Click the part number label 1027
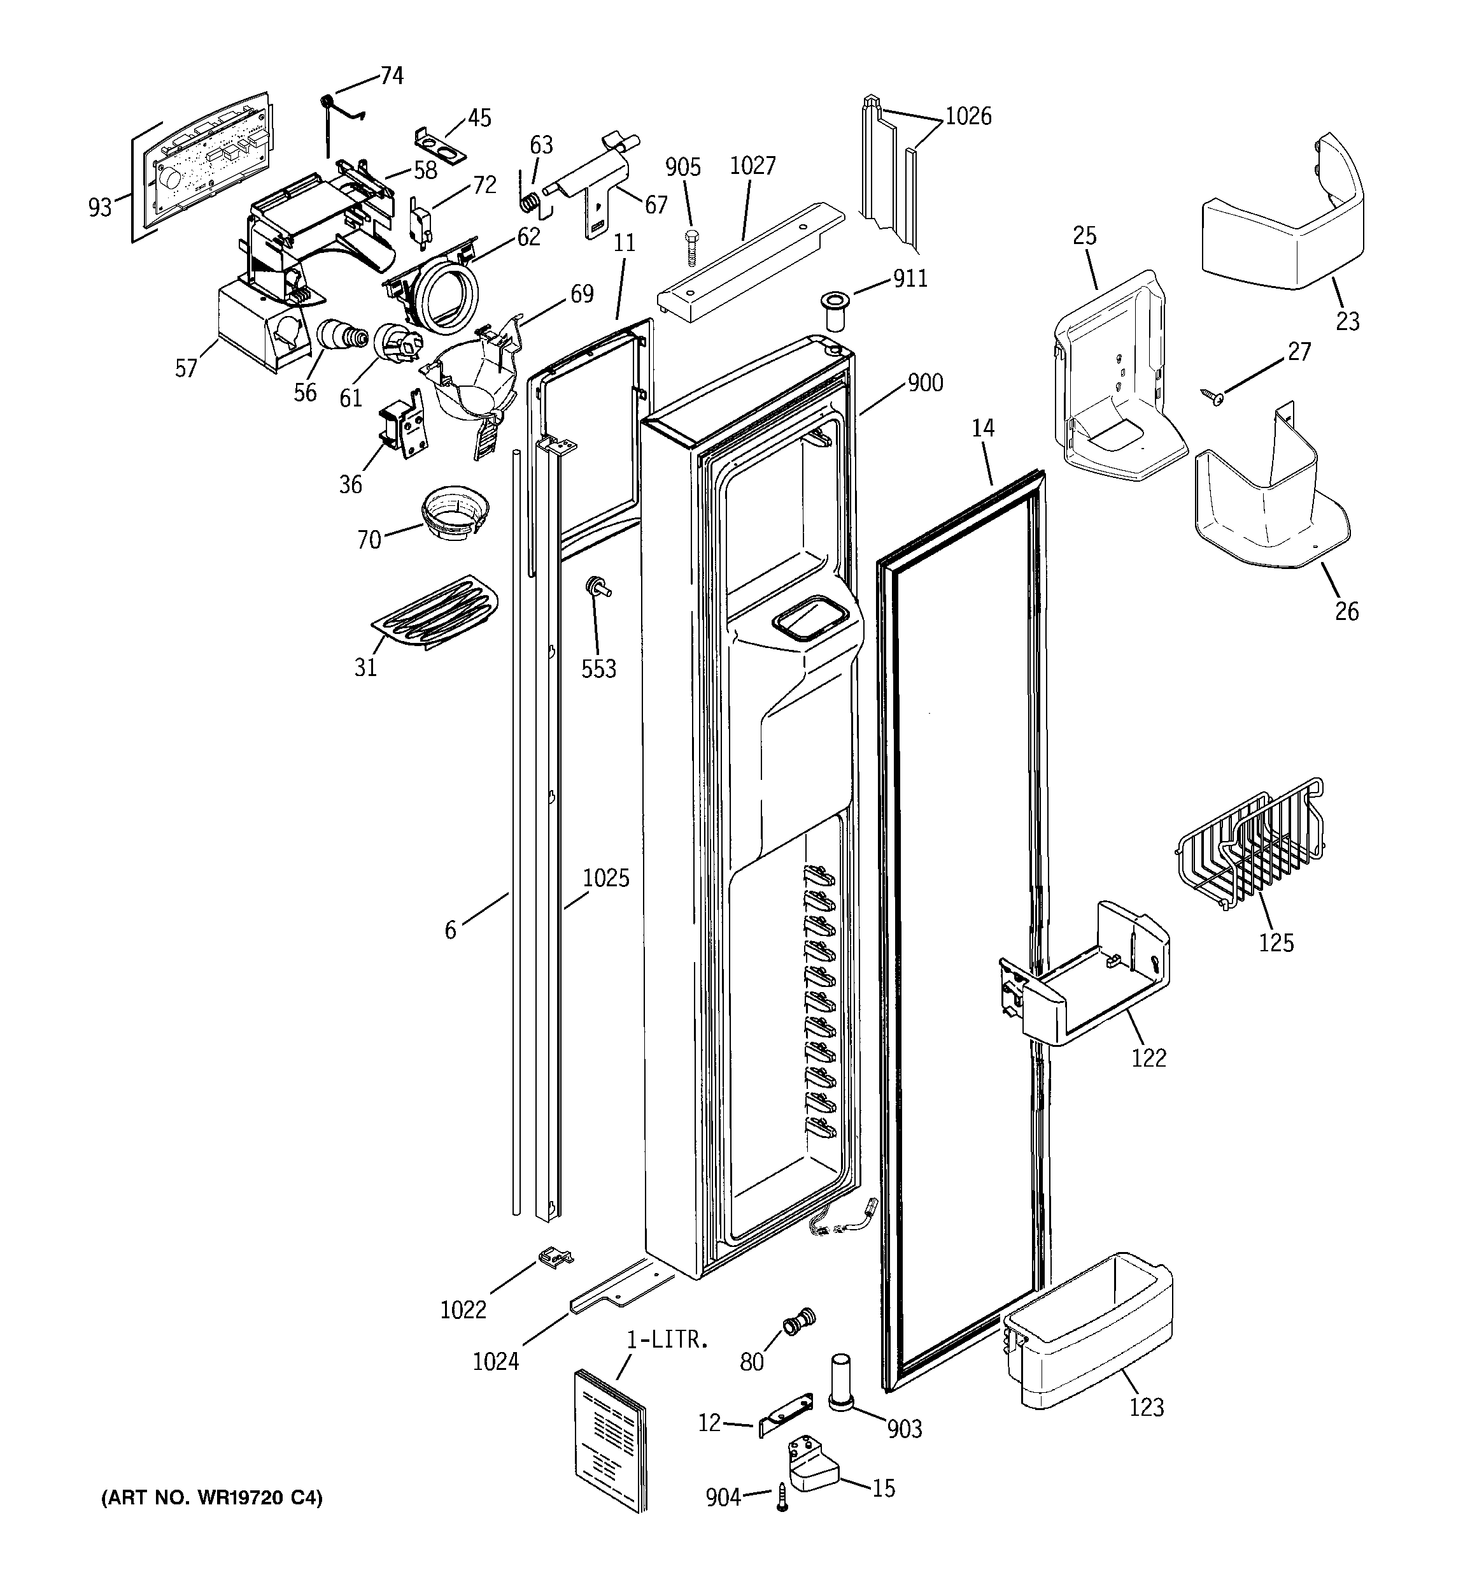pos(753,166)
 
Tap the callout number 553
pos(598,670)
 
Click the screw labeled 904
pos(782,1499)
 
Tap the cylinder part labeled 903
pos(841,1383)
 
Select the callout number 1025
pos(605,878)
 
